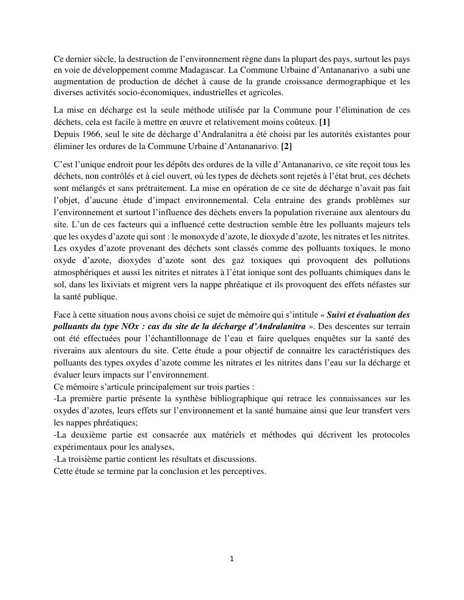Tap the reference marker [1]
coord(324,122)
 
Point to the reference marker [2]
coord(286,146)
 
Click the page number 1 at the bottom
coord(232,559)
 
